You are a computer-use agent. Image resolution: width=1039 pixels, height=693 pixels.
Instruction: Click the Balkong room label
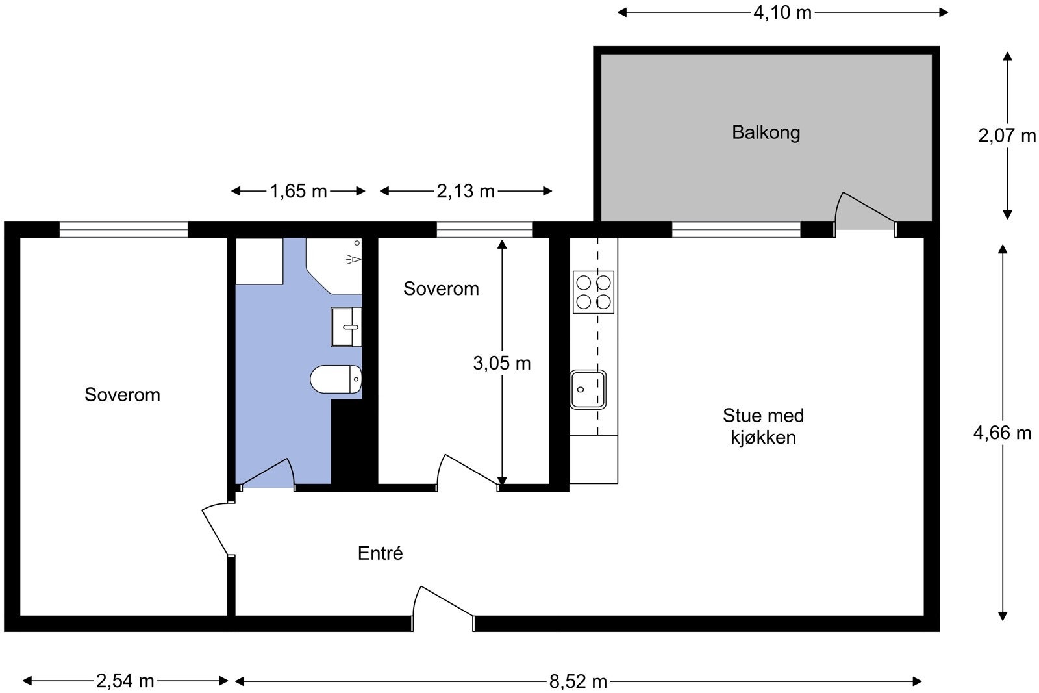tap(766, 132)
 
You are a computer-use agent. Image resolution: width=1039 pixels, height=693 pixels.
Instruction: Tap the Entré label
tap(381, 553)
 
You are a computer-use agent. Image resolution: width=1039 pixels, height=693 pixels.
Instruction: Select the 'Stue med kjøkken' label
tap(763, 426)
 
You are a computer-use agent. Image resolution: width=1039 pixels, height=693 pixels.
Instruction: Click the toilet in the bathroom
tap(336, 379)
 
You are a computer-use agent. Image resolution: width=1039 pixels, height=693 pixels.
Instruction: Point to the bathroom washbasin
tap(346, 327)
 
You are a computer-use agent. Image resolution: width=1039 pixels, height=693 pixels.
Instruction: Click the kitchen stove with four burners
tap(594, 292)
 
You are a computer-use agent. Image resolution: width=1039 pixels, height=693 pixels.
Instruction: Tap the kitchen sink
tap(588, 390)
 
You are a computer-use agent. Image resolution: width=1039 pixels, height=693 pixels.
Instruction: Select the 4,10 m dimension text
tap(782, 12)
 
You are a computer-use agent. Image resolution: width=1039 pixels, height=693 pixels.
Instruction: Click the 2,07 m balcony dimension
tap(1007, 136)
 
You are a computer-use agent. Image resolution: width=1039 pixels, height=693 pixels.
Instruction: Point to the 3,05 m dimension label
tap(502, 362)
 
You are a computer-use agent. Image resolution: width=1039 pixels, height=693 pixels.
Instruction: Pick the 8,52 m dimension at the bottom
tap(578, 681)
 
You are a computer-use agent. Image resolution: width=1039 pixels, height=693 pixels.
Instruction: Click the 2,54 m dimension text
tap(125, 681)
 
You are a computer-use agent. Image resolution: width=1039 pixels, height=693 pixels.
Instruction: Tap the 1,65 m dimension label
tap(298, 191)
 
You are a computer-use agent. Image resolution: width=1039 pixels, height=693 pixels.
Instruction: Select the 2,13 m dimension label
tap(466, 191)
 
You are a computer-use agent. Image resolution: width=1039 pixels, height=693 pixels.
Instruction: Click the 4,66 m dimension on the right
tap(1002, 433)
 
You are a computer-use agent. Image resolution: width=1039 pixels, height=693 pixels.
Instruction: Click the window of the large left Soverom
tap(123, 230)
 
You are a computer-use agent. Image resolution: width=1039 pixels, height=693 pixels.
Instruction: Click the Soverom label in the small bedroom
tap(441, 288)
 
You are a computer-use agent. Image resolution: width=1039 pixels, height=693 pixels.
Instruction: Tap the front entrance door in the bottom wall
tap(443, 609)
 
